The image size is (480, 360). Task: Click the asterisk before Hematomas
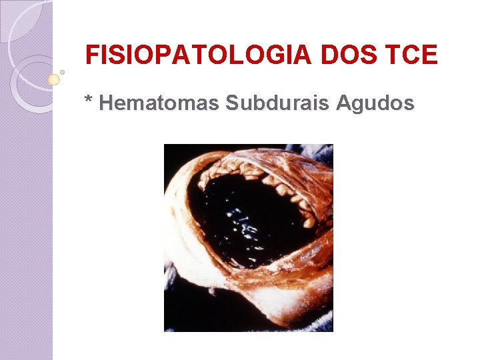pos(89,101)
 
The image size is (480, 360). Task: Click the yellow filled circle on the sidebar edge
pos(55,79)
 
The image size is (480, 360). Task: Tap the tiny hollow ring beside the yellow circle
pos(63,71)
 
